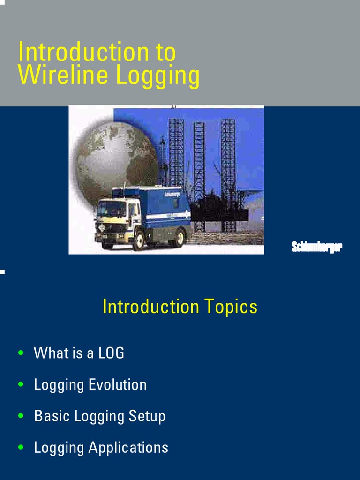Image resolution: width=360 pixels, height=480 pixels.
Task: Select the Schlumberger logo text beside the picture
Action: pos(317,247)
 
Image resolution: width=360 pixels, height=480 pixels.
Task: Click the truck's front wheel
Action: pos(139,240)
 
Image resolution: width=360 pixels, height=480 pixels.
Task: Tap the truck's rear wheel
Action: pos(179,238)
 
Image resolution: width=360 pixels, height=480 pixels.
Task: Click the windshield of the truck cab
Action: pos(111,209)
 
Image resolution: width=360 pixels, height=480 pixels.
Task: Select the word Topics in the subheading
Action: pos(231,307)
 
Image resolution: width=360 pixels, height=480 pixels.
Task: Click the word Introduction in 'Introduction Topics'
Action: pos(150,307)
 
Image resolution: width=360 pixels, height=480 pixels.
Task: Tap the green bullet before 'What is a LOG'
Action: pos(20,352)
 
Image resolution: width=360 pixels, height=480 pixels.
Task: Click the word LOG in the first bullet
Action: pos(111,353)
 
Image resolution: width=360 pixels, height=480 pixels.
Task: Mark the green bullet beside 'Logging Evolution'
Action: pos(20,384)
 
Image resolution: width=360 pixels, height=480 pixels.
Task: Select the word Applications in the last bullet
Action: pos(128,448)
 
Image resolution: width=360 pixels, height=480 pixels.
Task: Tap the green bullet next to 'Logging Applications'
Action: pos(20,447)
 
